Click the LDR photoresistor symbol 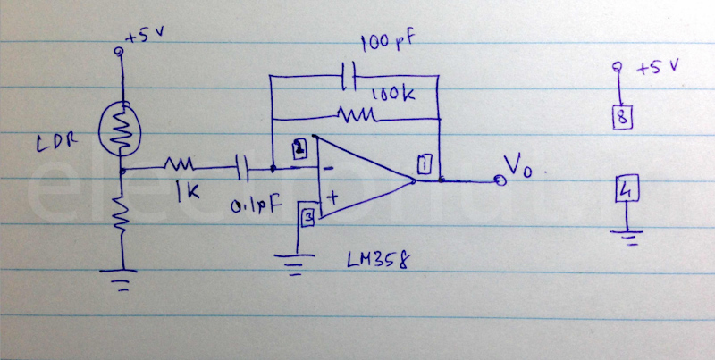coord(122,126)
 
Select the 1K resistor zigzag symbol coord(180,165)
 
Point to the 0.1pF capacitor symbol coord(240,165)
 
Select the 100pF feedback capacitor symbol coord(349,75)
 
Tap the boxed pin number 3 coord(307,216)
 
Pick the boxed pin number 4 coord(627,190)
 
